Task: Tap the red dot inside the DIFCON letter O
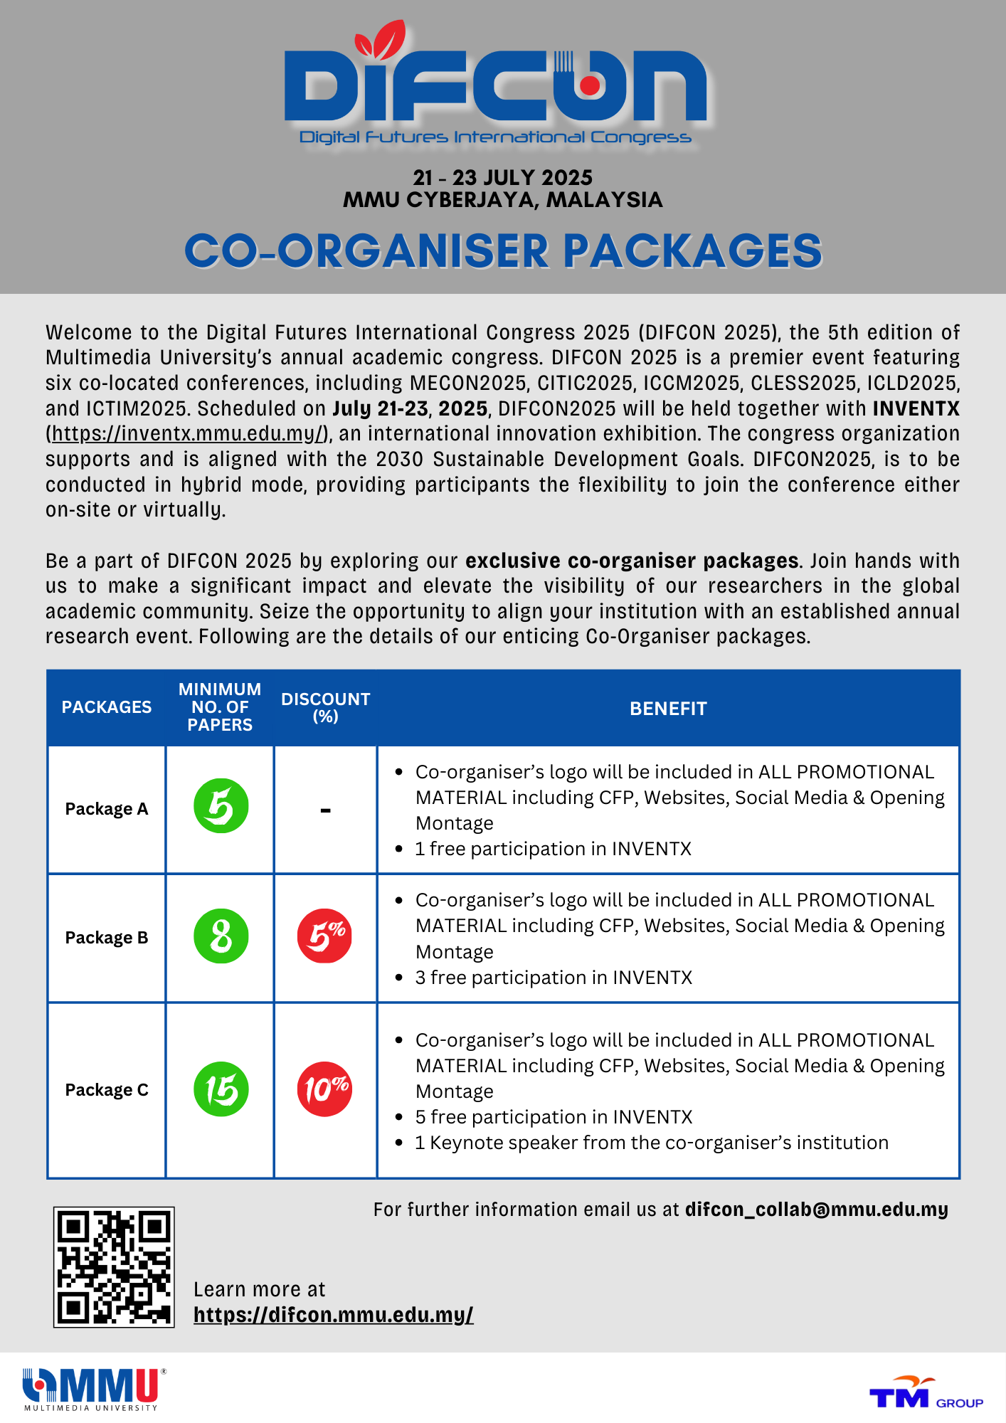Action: coord(589,85)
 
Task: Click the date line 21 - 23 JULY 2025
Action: coord(502,177)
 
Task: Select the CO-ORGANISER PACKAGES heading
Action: coord(502,251)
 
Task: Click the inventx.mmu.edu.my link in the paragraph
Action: coord(189,433)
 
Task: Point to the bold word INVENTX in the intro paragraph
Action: coord(916,408)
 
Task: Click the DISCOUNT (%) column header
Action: coord(325,707)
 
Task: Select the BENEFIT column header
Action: coord(668,709)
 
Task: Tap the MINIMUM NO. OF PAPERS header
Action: coord(219,707)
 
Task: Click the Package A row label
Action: coord(107,809)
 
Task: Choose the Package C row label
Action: coord(107,1090)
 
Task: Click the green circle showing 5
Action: coord(221,806)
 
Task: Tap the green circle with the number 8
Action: coord(221,936)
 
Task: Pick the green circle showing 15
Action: coord(221,1089)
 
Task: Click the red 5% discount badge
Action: coord(324,936)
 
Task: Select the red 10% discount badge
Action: coord(324,1089)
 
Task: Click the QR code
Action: coord(114,1266)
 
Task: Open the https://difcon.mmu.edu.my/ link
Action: coord(333,1315)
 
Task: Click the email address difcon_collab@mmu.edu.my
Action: coord(816,1210)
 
